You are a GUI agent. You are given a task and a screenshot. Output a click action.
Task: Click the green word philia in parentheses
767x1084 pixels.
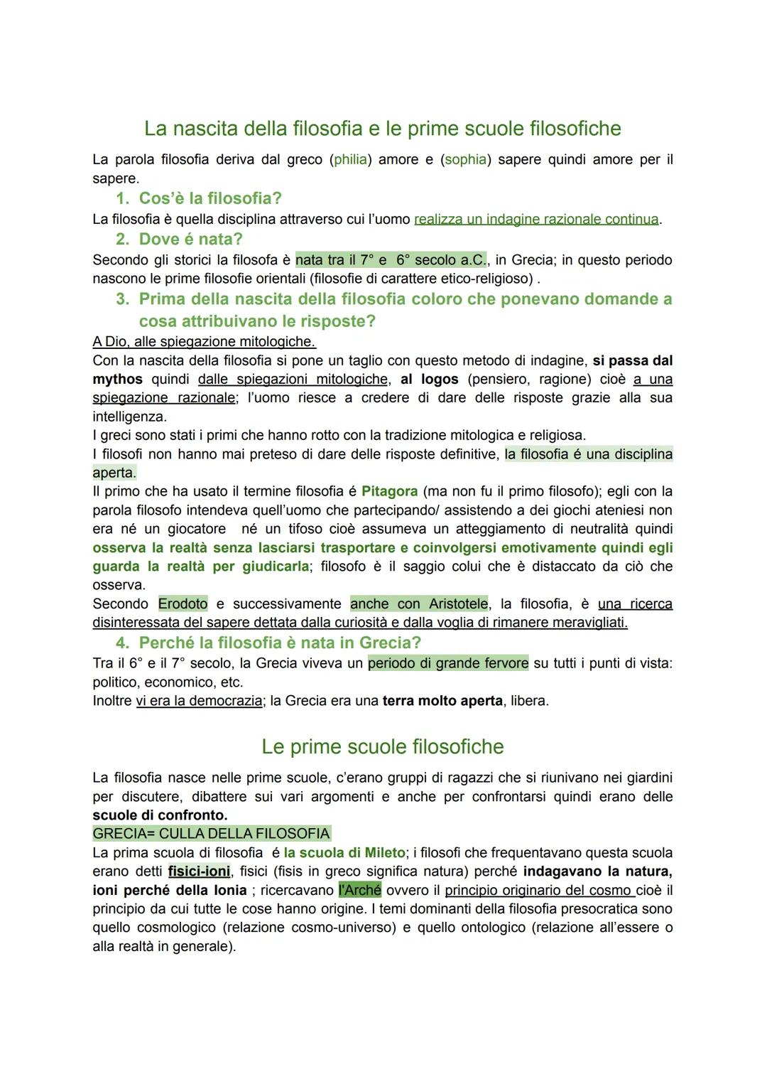pyautogui.click(x=351, y=160)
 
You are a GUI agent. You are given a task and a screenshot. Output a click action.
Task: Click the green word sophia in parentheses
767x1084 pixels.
pyautogui.click(x=465, y=160)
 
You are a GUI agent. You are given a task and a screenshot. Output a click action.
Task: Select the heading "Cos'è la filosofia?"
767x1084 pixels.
pyautogui.click(x=210, y=198)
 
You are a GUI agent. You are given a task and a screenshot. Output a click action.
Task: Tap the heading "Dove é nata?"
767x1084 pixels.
pyautogui.click(x=190, y=240)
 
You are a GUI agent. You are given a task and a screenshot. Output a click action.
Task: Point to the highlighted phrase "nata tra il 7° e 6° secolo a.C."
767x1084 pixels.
pyautogui.click(x=391, y=260)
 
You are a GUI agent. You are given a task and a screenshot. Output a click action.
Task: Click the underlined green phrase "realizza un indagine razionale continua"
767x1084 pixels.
pyautogui.click(x=536, y=220)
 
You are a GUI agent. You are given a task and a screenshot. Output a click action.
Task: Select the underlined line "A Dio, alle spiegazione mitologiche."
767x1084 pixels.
pyautogui.click(x=204, y=342)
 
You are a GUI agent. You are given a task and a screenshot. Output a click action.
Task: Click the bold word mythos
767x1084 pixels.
pyautogui.click(x=117, y=380)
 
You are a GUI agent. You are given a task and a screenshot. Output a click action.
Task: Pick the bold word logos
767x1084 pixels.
pyautogui.click(x=440, y=380)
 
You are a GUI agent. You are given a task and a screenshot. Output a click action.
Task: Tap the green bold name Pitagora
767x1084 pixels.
pyautogui.click(x=389, y=491)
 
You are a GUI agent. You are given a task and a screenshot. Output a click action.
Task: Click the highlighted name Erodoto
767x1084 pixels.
pyautogui.click(x=183, y=604)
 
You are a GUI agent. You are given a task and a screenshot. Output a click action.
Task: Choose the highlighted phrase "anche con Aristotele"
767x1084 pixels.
pyautogui.click(x=419, y=604)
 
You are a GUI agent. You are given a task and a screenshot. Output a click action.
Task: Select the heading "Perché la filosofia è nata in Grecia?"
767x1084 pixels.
pyautogui.click(x=280, y=643)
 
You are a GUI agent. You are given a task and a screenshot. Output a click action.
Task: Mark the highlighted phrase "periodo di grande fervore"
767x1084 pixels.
pyautogui.click(x=447, y=664)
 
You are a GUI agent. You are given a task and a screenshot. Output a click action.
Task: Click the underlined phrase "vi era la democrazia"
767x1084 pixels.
pyautogui.click(x=199, y=702)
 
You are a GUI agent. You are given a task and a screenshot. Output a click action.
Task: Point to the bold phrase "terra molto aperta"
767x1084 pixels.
pyautogui.click(x=442, y=702)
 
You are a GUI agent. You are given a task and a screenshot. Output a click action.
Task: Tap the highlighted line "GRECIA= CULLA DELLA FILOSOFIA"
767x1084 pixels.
pyautogui.click(x=211, y=834)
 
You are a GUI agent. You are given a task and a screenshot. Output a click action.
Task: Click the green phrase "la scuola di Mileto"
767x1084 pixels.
pyautogui.click(x=344, y=853)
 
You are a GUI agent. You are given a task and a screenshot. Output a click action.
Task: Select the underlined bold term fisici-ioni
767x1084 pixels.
pyautogui.click(x=199, y=871)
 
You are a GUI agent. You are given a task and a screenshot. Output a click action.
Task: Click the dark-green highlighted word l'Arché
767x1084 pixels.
pyautogui.click(x=360, y=891)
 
